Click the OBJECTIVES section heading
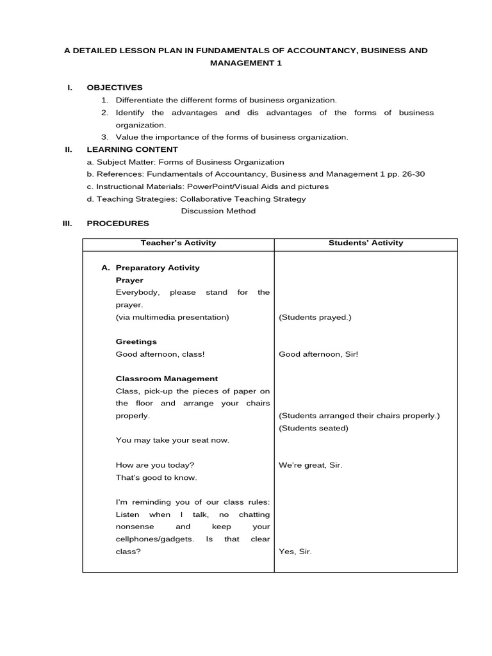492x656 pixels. pyautogui.click(x=115, y=88)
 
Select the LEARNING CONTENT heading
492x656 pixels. pyautogui.click(x=132, y=149)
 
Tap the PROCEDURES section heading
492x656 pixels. pyautogui.click(x=118, y=224)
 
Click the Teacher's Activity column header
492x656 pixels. pyautogui.click(x=178, y=243)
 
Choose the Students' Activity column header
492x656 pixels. pyautogui.click(x=366, y=243)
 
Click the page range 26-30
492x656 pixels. pyautogui.click(x=411, y=174)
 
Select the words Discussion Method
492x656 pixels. pyautogui.click(x=218, y=211)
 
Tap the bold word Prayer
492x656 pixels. pyautogui.click(x=129, y=280)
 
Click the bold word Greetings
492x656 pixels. pyautogui.click(x=136, y=341)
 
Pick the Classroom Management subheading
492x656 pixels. pyautogui.click(x=167, y=379)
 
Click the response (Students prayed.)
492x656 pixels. pyautogui.click(x=315, y=317)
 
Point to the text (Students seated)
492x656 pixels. pyautogui.click(x=314, y=428)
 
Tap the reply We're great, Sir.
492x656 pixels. pyautogui.click(x=311, y=465)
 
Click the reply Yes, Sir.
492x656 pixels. pyautogui.click(x=295, y=552)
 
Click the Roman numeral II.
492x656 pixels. pyautogui.click(x=68, y=149)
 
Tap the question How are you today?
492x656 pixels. pyautogui.click(x=155, y=465)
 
